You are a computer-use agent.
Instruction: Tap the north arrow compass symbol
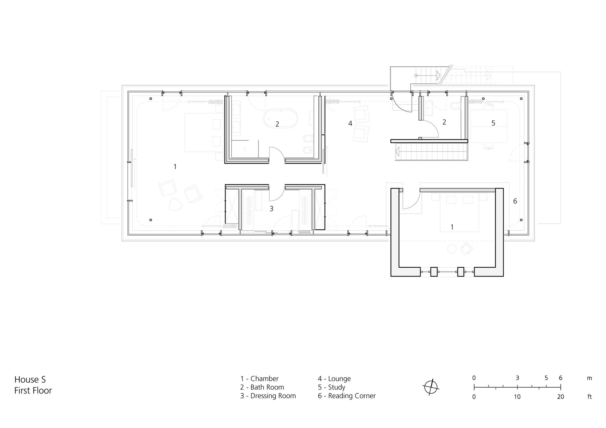click(x=431, y=387)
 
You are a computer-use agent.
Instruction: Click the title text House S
click(x=30, y=380)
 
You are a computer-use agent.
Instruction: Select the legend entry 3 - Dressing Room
click(x=268, y=396)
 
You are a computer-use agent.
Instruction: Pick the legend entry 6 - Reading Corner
click(x=347, y=396)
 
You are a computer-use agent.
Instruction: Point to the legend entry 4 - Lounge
click(x=334, y=379)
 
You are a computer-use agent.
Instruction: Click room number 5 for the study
click(x=493, y=123)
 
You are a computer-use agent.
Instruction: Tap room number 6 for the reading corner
click(x=515, y=201)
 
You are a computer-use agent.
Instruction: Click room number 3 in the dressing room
click(x=271, y=209)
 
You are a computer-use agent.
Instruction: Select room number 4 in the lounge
click(x=350, y=123)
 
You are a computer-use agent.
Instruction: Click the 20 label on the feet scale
click(x=561, y=397)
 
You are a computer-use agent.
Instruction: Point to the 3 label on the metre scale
click(x=518, y=378)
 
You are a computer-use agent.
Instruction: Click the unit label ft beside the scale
click(x=590, y=397)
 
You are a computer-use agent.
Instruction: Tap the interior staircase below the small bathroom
click(x=431, y=151)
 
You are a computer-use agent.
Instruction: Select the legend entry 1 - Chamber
click(x=259, y=379)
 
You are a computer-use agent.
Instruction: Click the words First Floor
click(x=33, y=390)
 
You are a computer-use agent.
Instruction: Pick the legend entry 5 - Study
click(x=331, y=387)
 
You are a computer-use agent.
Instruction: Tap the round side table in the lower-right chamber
click(x=452, y=249)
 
